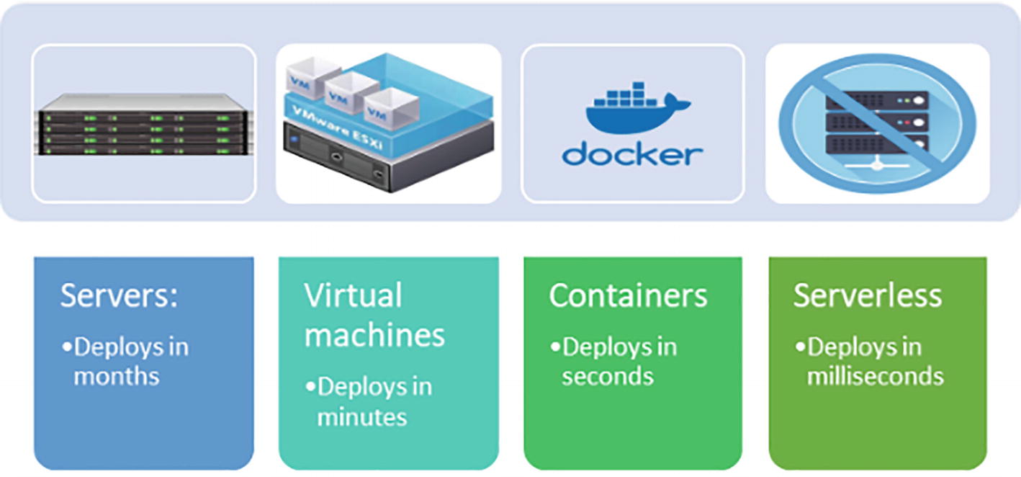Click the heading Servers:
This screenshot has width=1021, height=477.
coord(119,296)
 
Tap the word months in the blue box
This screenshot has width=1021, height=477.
coord(116,376)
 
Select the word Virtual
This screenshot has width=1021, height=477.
coord(353,296)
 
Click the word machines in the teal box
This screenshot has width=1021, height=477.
coord(374,335)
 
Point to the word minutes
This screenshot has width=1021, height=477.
coord(362,416)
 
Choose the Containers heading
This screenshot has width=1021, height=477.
coord(628,296)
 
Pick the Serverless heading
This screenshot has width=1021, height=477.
coord(868,296)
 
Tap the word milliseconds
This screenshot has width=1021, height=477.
coord(875,376)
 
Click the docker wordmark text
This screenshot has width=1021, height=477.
coord(632,153)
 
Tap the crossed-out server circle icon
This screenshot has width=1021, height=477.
coord(877,123)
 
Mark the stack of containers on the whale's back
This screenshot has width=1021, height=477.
coord(624,94)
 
